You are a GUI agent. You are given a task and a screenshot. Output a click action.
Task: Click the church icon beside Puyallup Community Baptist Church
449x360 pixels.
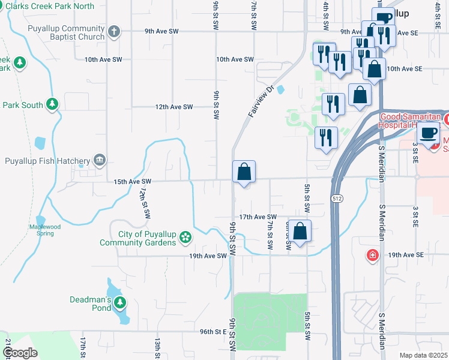tap(115, 31)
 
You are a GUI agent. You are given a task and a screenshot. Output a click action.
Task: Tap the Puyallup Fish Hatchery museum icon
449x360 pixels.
tap(100, 160)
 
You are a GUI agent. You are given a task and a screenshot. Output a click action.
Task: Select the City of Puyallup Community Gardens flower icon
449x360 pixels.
tap(185, 238)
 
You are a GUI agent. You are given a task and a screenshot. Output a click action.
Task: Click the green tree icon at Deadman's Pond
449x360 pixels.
tap(121, 303)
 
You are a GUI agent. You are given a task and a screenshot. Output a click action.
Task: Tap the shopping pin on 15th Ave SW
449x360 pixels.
tap(244, 173)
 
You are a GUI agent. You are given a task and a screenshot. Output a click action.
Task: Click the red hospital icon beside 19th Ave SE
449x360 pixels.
tap(373, 256)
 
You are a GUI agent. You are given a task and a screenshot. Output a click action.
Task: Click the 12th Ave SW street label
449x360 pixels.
tap(174, 107)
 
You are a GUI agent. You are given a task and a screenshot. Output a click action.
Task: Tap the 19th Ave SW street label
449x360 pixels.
tap(208, 256)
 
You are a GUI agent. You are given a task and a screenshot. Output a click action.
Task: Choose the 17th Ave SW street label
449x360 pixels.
tap(258, 217)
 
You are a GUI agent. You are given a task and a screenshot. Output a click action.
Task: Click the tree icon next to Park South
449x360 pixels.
tap(53, 105)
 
